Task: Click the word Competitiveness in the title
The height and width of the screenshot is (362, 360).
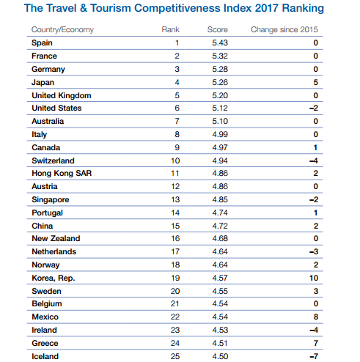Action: pos(193,8)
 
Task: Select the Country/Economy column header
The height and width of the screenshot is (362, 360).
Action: pos(62,29)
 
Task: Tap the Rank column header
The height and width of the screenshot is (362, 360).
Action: pos(171,29)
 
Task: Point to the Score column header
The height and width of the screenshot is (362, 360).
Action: pos(218,29)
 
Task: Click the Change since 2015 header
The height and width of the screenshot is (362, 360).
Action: pos(284,29)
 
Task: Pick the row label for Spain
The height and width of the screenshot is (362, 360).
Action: pos(42,43)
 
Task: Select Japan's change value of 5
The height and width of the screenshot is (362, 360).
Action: pos(315,82)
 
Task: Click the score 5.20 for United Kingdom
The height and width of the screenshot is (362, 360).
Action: pos(220,95)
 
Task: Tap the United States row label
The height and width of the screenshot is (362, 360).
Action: pos(56,108)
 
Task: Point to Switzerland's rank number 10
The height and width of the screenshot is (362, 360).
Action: pos(175,160)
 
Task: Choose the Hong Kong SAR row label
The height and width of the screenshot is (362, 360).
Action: pos(62,173)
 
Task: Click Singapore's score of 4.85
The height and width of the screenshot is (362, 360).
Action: pos(220,199)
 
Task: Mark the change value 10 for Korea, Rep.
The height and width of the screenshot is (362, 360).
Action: pos(314,278)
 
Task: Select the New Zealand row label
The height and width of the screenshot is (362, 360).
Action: pos(56,238)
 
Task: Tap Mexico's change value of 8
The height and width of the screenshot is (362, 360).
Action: pos(316,317)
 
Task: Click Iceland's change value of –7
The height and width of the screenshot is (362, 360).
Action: pos(314,356)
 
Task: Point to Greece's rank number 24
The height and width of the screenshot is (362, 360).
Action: pos(175,343)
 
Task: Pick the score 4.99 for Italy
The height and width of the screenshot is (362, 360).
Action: pos(220,134)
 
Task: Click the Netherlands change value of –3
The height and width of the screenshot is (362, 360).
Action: pos(314,251)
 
